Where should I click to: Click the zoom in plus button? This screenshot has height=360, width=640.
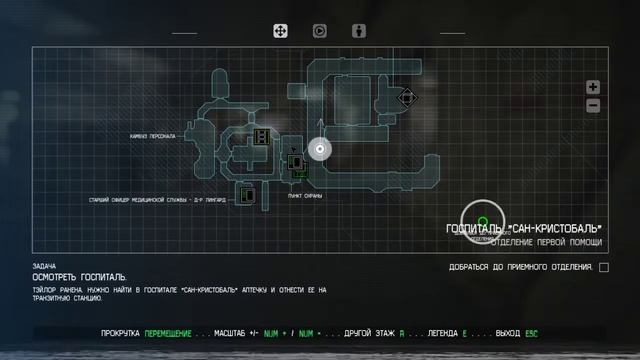[x=593, y=87]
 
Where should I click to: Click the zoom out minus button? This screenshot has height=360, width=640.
[x=593, y=105]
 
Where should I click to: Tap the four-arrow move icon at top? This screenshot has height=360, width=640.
[x=282, y=31]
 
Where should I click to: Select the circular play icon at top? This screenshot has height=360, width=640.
[x=320, y=31]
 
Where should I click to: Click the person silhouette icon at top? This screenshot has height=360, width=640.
[x=358, y=31]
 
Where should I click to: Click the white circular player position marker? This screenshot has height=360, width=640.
[x=320, y=150]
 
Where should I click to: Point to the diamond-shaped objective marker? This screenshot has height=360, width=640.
[x=406, y=97]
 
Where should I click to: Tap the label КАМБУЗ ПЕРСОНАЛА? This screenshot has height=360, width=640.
[x=153, y=136]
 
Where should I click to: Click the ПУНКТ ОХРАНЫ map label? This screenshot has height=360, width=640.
[x=308, y=196]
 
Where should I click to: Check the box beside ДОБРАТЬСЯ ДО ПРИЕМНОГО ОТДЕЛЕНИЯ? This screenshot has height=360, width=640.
[x=603, y=267]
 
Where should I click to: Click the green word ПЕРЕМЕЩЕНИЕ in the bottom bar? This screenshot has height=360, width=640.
[x=170, y=333]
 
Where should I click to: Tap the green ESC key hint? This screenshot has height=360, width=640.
[x=531, y=333]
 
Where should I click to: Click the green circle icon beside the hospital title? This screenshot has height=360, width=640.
[x=482, y=221]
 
